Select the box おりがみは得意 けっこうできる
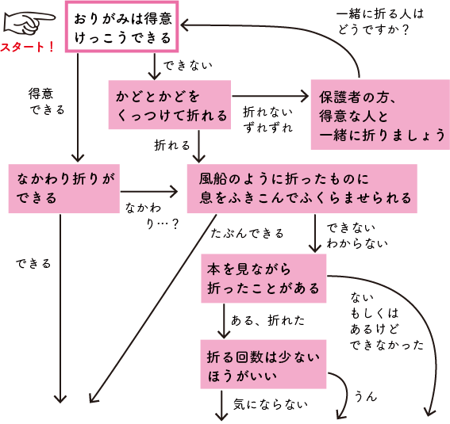point(119,28)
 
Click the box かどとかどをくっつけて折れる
point(169,105)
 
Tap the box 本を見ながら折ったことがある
point(263,279)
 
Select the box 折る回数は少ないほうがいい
point(263,365)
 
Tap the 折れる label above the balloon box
point(172,145)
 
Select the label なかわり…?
point(151,216)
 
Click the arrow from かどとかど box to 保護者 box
point(270,97)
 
